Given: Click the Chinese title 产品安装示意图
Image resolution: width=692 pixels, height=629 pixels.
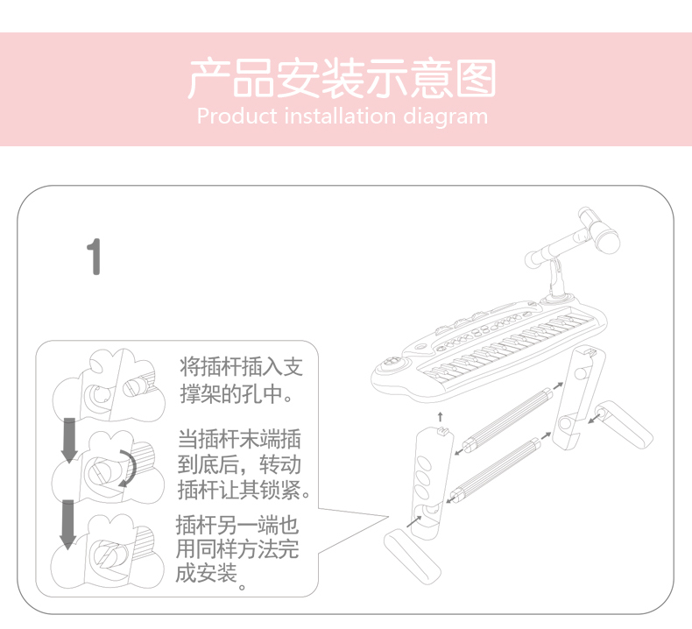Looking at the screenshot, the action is (342, 79).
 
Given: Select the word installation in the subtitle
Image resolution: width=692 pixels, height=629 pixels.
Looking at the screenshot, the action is (340, 117).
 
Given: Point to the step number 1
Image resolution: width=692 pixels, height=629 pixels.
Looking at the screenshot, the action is (94, 257).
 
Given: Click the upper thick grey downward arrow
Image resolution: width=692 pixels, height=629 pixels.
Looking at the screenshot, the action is (69, 440).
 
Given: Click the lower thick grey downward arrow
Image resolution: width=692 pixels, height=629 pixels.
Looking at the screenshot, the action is (67, 525).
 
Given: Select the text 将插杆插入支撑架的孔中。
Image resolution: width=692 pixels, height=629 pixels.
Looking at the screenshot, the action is (241, 380).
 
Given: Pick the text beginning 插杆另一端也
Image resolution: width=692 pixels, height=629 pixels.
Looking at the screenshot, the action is (238, 549).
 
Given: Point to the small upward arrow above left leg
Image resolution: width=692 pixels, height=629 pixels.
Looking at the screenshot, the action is (440, 417).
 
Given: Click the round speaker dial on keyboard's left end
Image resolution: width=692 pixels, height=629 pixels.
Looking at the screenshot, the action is (391, 364).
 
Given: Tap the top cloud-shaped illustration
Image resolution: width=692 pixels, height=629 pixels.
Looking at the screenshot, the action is (109, 385).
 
